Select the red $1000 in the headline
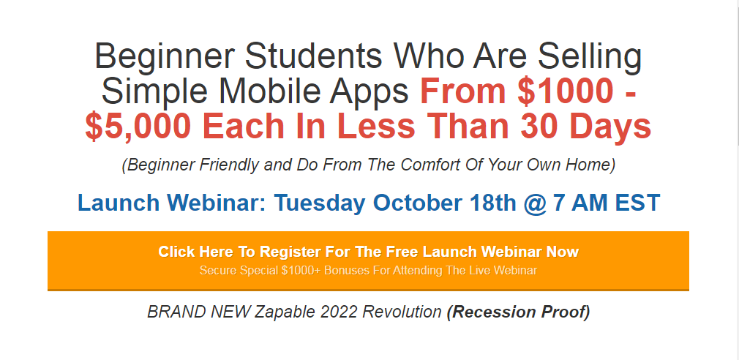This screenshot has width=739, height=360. coord(565,91)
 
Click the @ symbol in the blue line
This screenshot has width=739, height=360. coord(535,203)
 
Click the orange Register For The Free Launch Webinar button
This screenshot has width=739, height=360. coord(368,260)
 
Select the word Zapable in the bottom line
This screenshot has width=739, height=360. coord(285,312)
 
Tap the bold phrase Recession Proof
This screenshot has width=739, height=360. coord(519,312)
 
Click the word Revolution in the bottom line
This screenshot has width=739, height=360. coord(405,312)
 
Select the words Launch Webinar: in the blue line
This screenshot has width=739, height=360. coord(171,203)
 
